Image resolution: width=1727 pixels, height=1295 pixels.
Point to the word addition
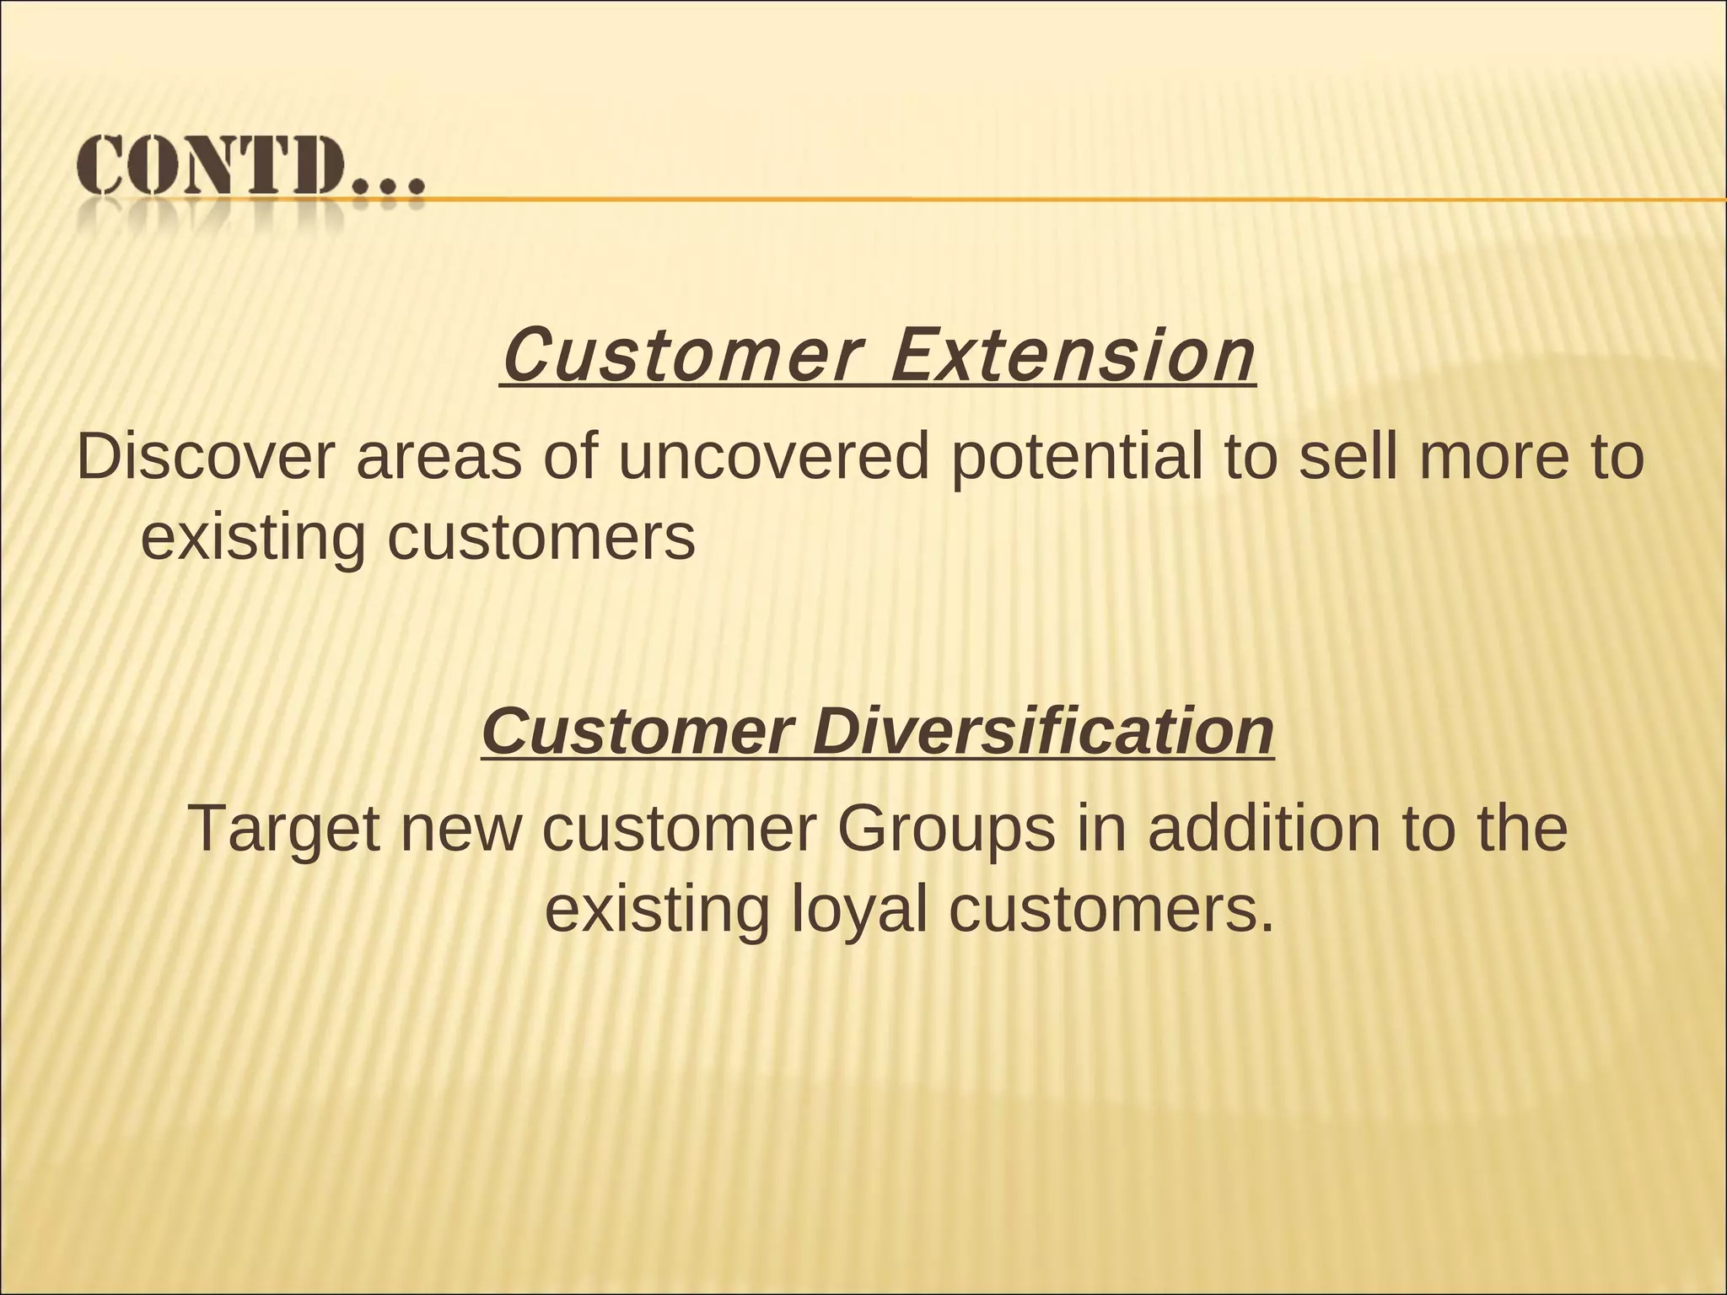point(1264,828)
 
